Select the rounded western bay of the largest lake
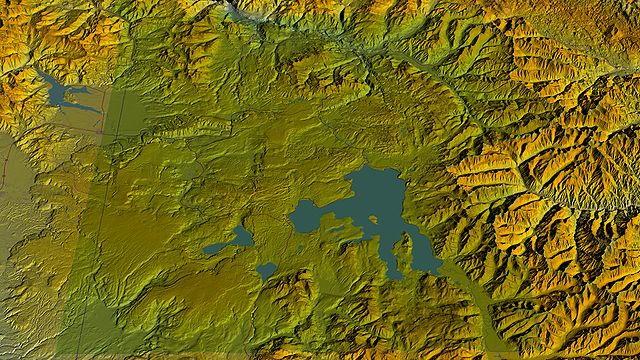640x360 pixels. [311, 216]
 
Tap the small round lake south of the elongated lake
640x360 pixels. [266, 270]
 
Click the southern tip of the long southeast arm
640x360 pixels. [436, 270]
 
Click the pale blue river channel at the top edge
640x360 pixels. [240, 12]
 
